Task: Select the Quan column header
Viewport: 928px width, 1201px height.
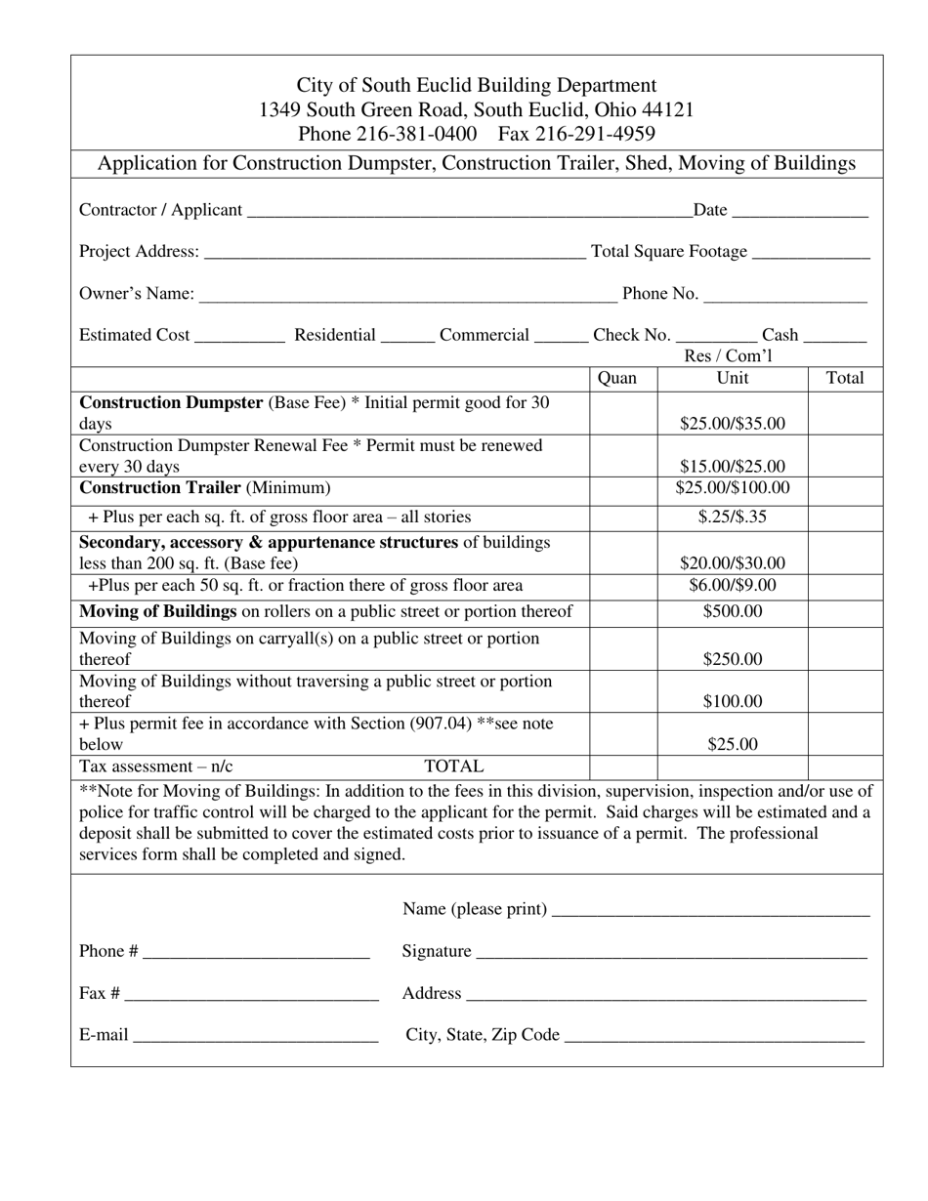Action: [x=616, y=378]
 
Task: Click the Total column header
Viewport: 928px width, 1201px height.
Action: [x=845, y=378]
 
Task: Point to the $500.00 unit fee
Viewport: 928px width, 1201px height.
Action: [x=733, y=612]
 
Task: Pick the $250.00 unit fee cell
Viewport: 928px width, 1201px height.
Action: [x=733, y=659]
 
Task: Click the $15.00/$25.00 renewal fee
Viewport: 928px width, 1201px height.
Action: [x=733, y=467]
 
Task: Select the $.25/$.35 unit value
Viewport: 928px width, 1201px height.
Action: [x=733, y=518]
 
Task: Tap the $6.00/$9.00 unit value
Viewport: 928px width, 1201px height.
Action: [x=733, y=586]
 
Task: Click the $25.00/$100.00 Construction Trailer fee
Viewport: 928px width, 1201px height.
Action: [x=733, y=488]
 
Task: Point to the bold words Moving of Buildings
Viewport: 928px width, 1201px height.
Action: [x=157, y=612]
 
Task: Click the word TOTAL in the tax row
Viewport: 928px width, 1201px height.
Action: [x=453, y=767]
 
